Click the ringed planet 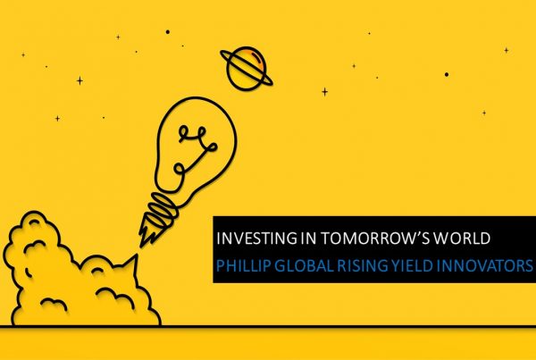[247, 69]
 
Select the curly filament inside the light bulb [195, 148]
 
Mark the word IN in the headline [309, 238]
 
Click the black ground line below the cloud [268, 327]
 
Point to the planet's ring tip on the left [222, 53]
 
